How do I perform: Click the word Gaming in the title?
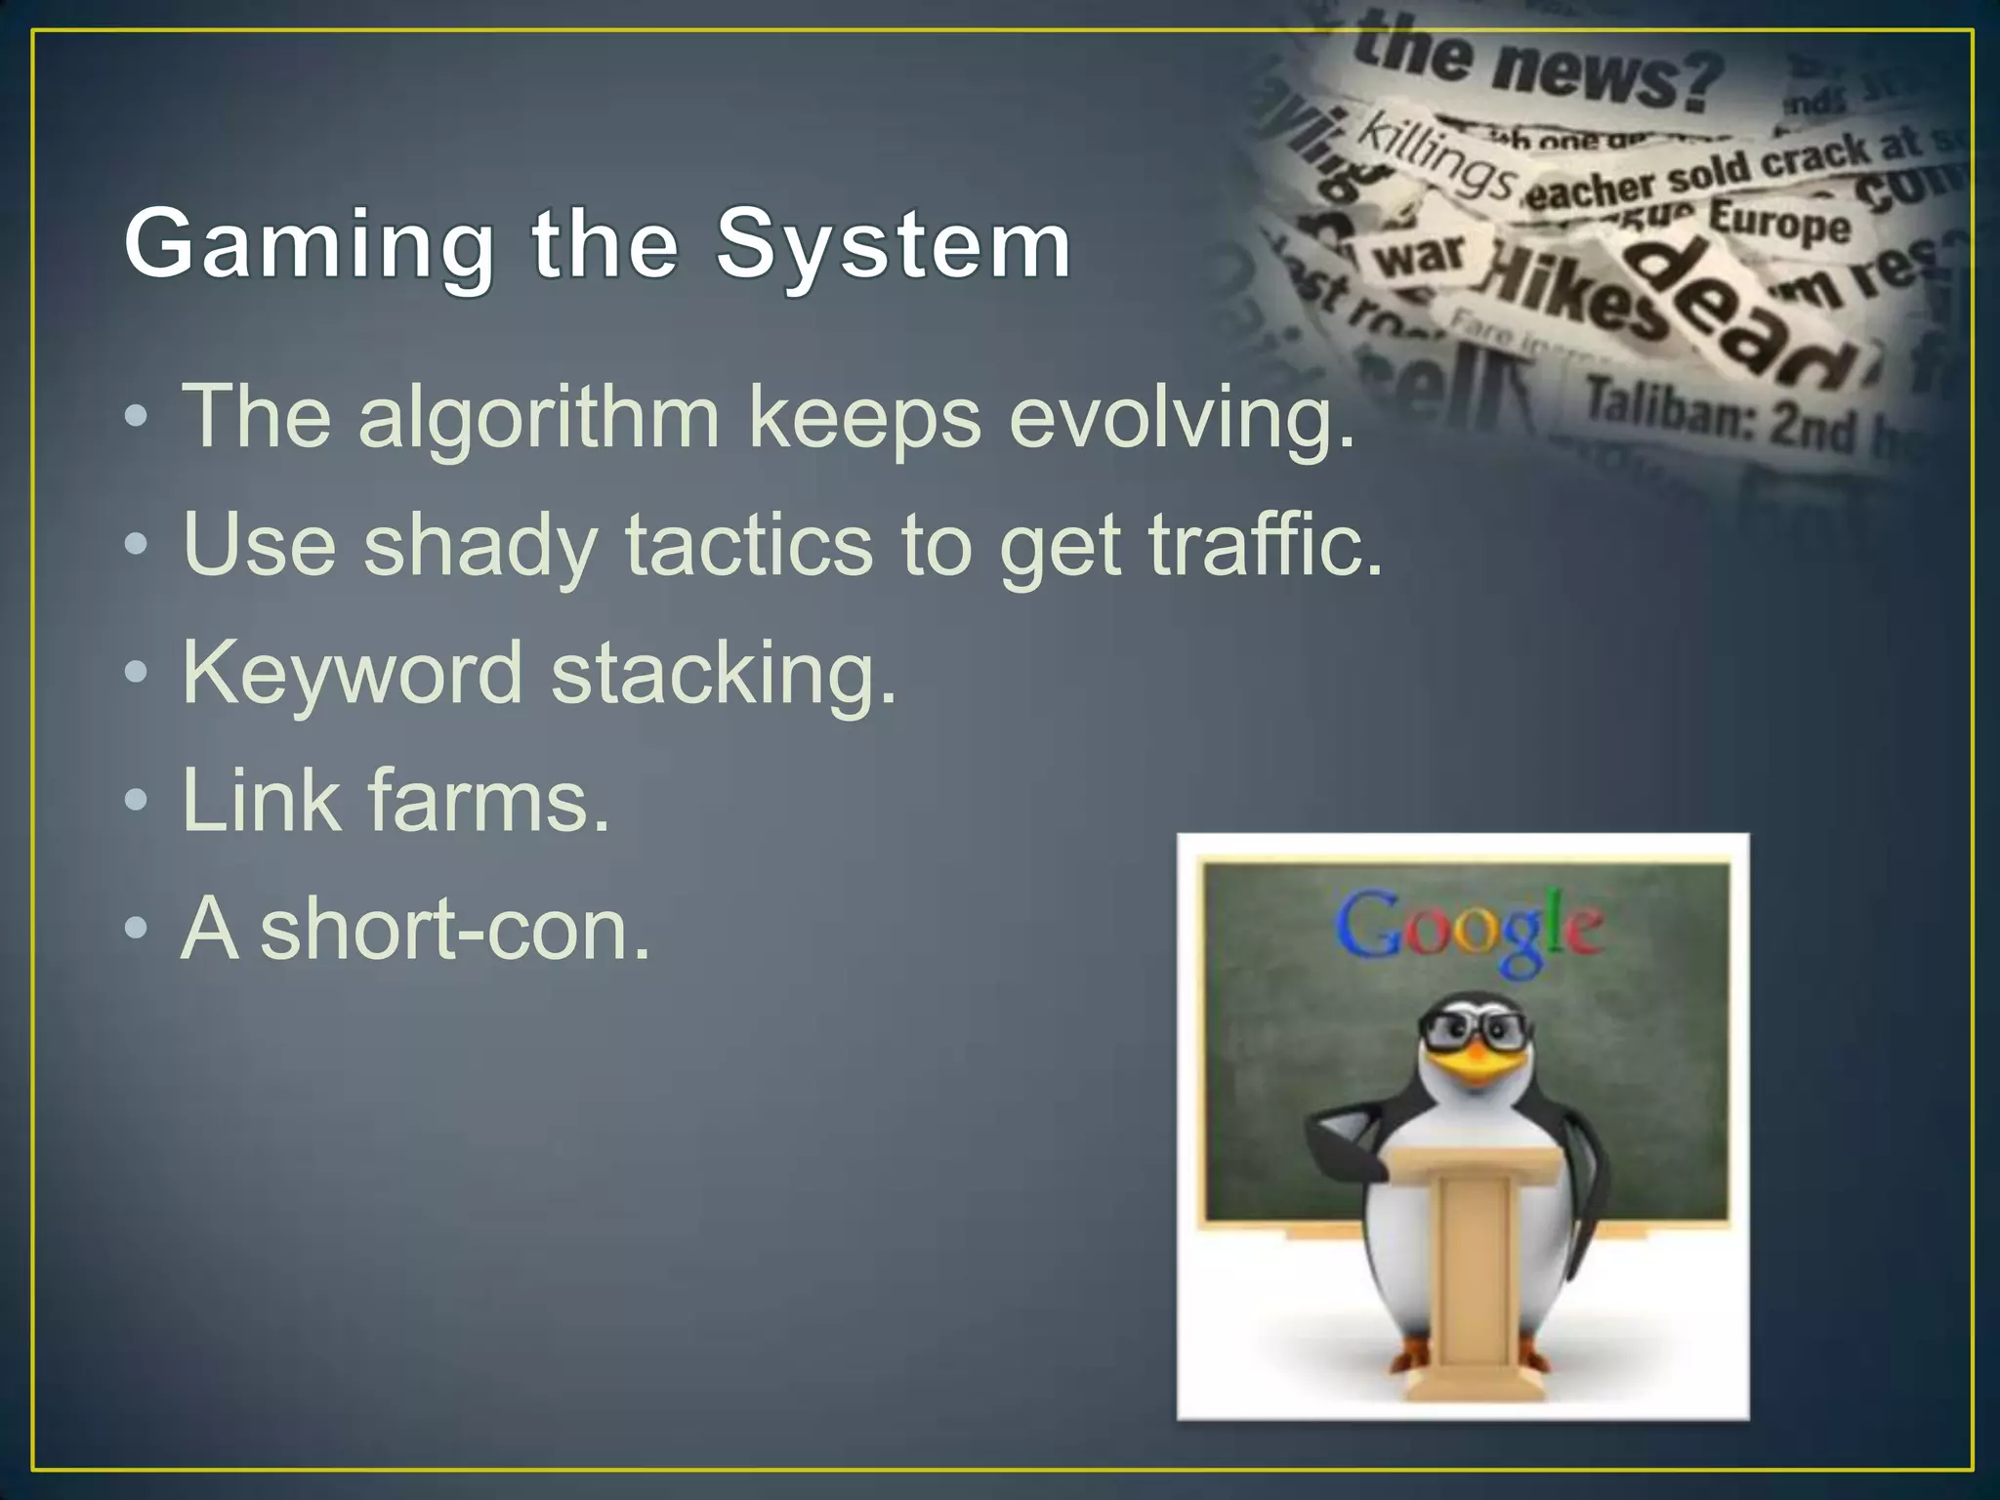[309, 245]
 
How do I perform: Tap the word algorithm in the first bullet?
[539, 418]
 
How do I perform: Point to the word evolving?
[1182, 418]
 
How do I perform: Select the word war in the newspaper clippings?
[1420, 255]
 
